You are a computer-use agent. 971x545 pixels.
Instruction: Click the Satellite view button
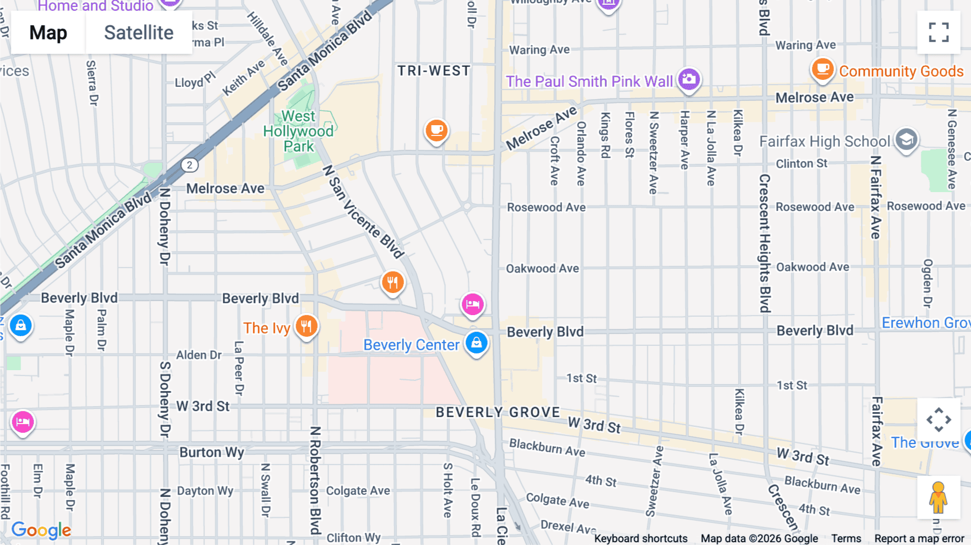139,33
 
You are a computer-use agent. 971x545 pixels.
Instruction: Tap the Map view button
48,33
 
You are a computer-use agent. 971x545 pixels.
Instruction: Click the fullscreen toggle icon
939,32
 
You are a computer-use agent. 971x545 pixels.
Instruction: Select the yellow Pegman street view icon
938,497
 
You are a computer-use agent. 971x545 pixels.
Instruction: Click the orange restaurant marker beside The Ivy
306,326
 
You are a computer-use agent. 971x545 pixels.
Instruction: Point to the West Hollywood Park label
298,131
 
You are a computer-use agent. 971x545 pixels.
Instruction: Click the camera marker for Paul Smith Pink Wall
689,79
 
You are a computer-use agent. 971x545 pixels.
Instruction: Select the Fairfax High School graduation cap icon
906,140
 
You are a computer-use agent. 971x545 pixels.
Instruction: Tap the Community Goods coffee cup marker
823,70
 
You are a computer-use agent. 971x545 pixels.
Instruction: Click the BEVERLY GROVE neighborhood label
498,412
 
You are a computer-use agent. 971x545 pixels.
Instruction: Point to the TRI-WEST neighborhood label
434,71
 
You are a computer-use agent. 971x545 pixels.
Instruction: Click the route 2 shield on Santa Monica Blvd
189,165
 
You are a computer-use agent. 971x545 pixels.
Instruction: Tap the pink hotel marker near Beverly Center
473,304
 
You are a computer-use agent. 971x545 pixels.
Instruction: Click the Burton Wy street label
211,452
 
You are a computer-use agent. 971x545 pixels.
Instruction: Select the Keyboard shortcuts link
640,538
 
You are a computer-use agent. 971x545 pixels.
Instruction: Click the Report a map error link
919,538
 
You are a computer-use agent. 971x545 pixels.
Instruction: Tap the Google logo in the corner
41,530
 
